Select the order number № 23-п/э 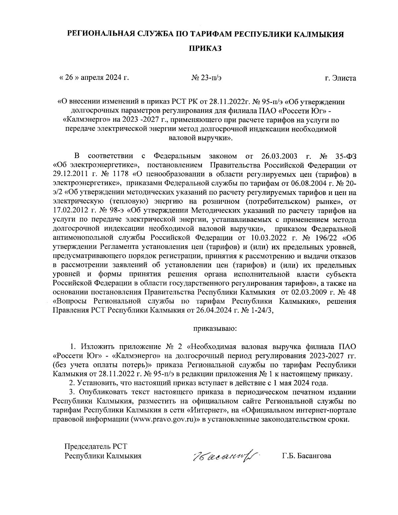pos(206,78)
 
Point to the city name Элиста pos(344,78)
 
